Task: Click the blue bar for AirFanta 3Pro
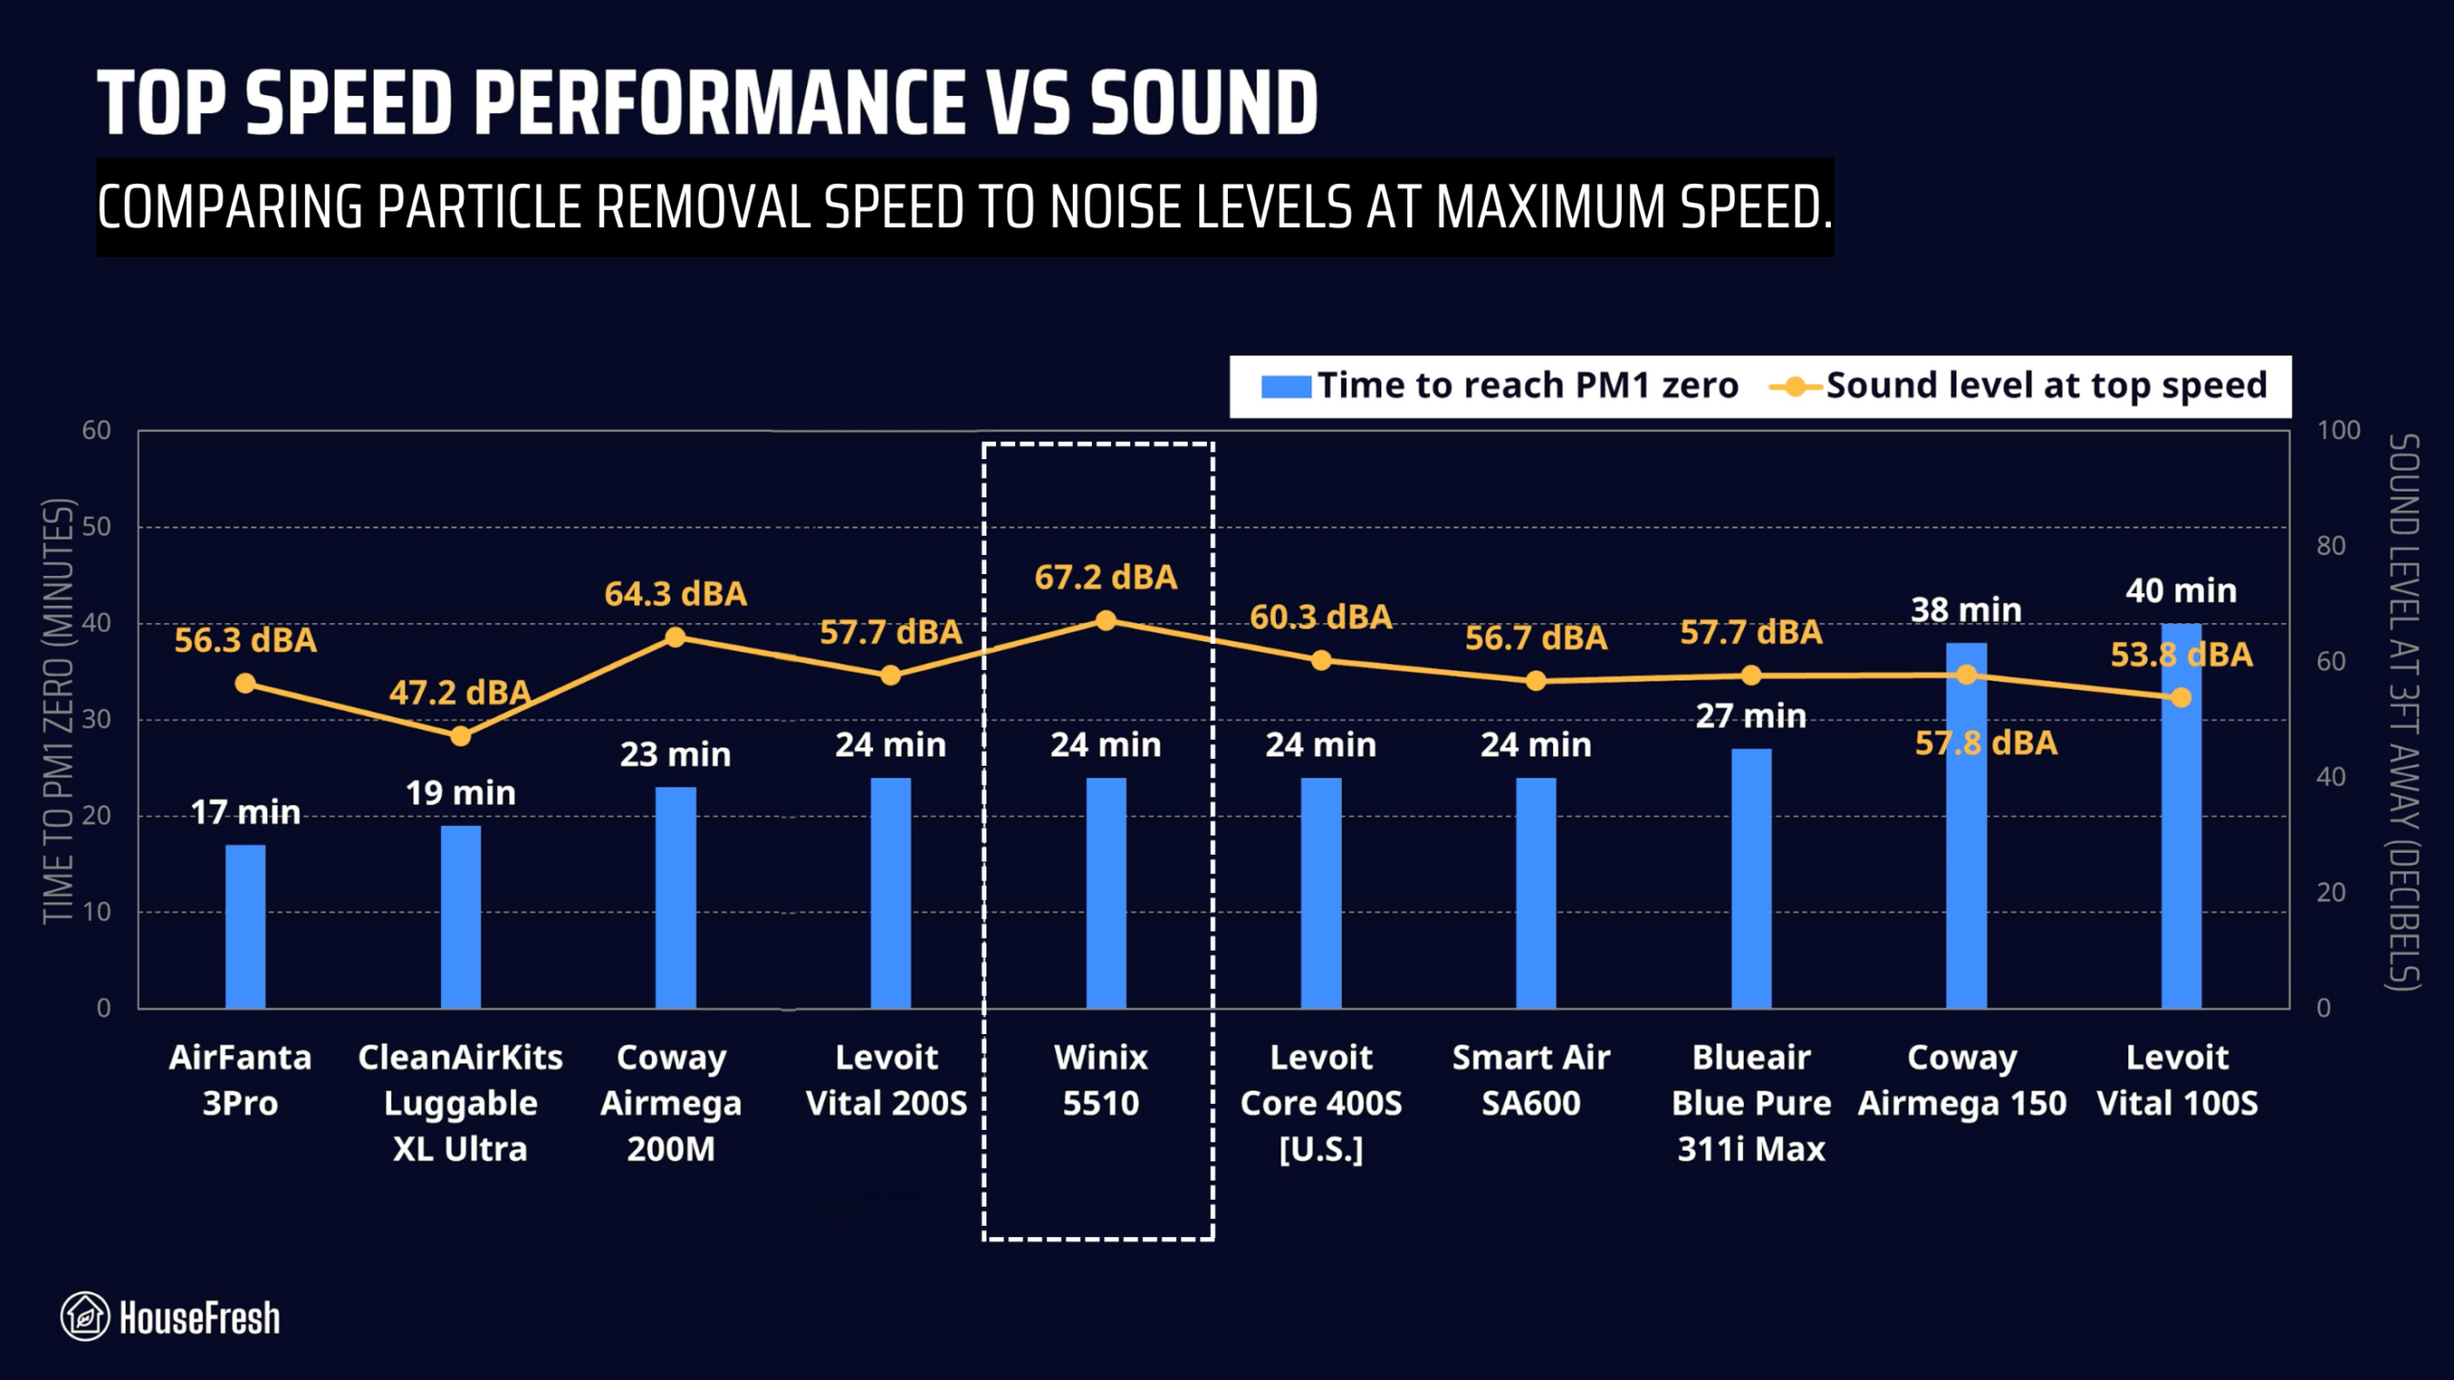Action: coord(245,926)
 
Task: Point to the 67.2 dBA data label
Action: coord(1105,578)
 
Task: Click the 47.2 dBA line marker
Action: coord(460,736)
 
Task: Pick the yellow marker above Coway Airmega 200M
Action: coord(675,637)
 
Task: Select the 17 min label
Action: coord(245,813)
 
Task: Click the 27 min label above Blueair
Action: coord(1750,716)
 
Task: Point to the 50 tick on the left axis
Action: coord(97,526)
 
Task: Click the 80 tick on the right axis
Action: coord(2330,546)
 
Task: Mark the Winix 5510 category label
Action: coord(1100,1080)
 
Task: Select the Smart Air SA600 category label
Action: coord(1531,1080)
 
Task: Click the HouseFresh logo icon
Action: coord(84,1316)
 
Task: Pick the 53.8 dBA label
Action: coord(2181,655)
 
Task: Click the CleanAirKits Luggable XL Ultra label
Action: coord(460,1103)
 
